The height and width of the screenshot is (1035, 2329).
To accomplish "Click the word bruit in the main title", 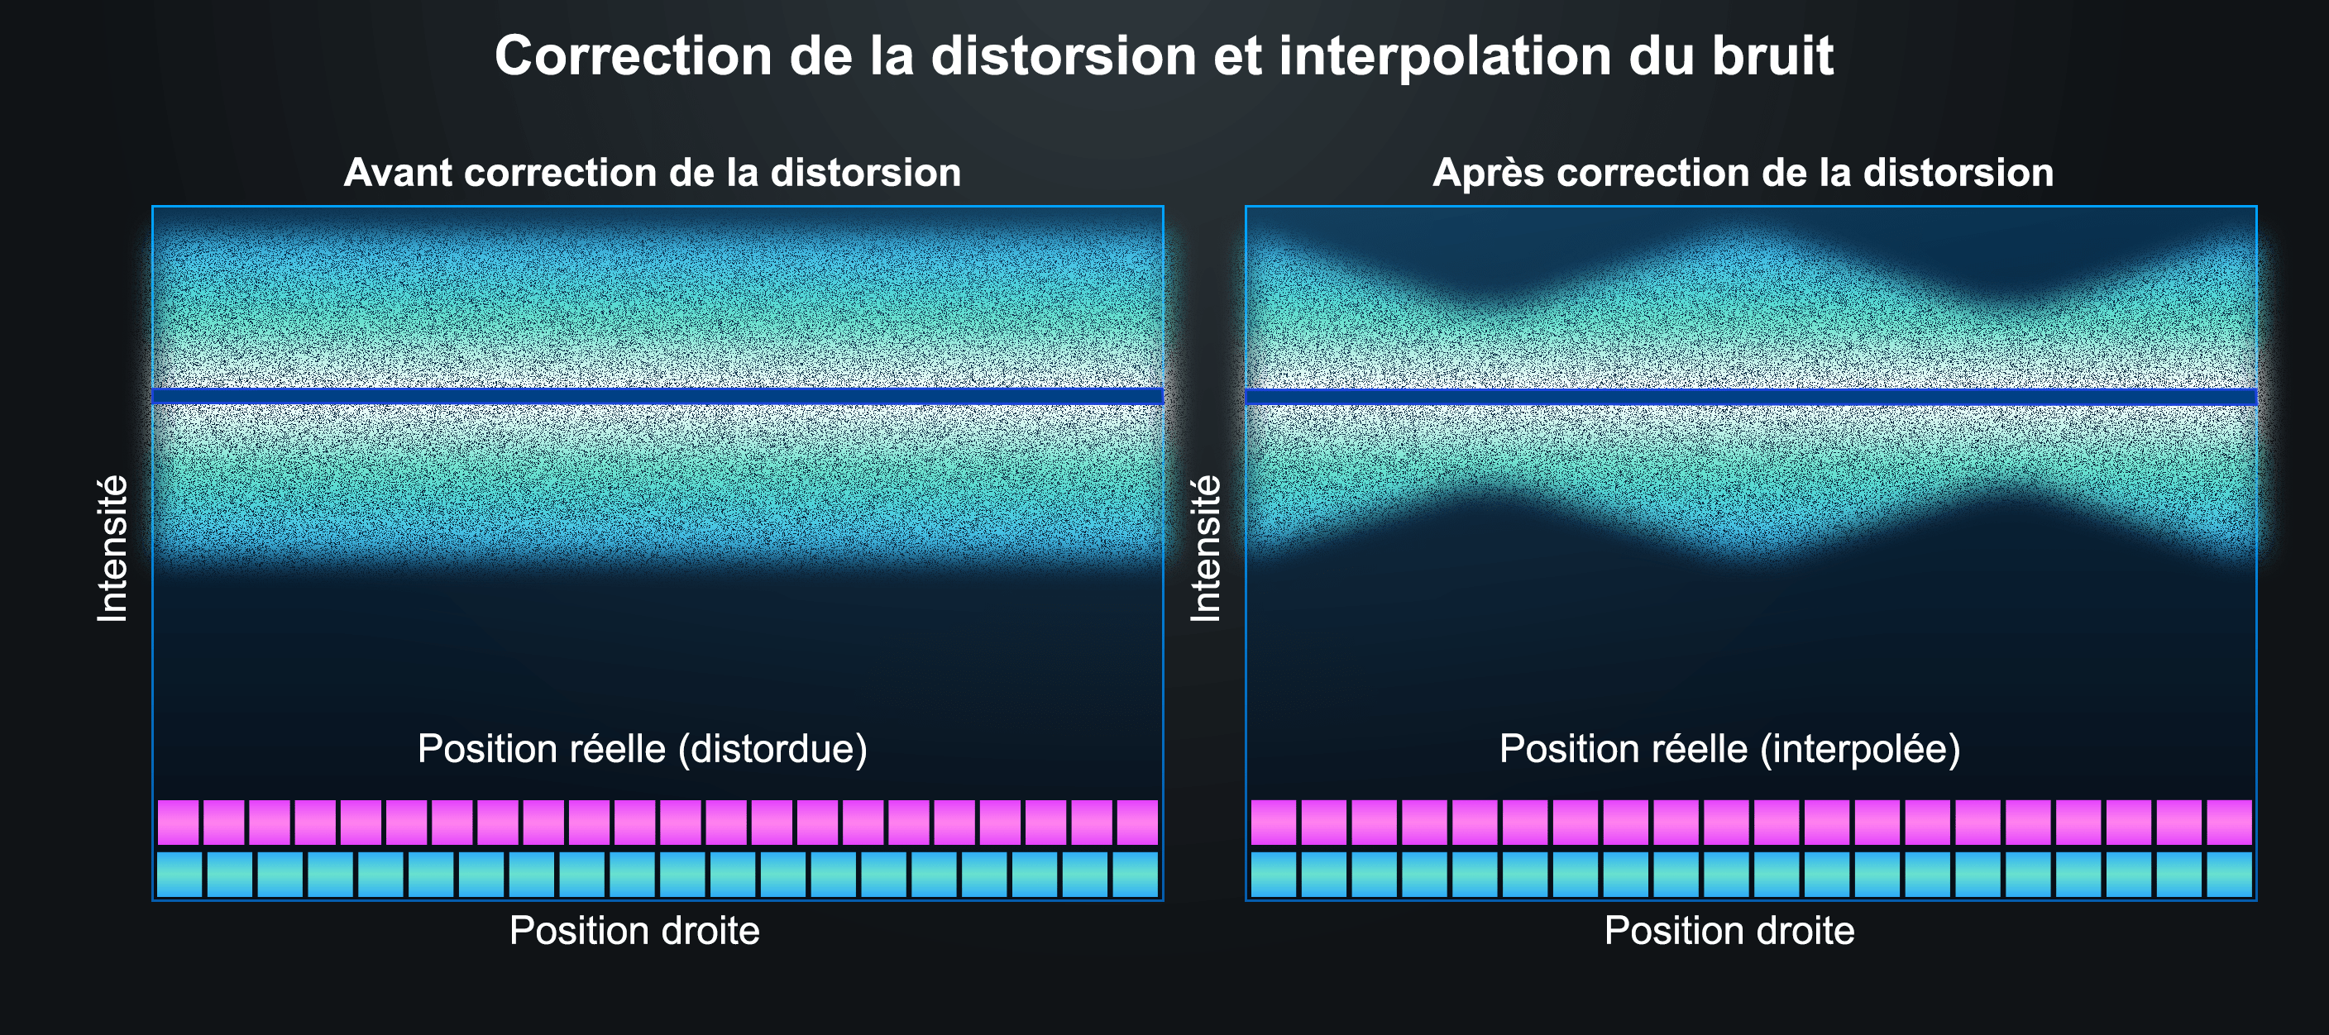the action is pyautogui.click(x=1773, y=56).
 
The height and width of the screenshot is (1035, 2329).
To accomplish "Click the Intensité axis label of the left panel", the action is pyautogui.click(x=113, y=549).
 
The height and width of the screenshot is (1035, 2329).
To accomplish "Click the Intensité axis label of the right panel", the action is pyautogui.click(x=1206, y=549).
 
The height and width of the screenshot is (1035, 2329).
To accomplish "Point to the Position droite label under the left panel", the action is pyautogui.click(x=634, y=930).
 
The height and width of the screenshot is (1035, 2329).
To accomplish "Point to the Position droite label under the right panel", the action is pyautogui.click(x=1729, y=930).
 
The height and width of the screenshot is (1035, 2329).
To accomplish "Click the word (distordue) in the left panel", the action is pyautogui.click(x=773, y=749).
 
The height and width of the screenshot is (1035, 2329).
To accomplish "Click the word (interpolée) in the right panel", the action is pyautogui.click(x=1861, y=749).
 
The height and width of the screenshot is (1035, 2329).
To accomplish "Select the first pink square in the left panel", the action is pyautogui.click(x=178, y=822).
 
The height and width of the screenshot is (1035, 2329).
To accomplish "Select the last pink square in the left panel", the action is pyautogui.click(x=1137, y=822).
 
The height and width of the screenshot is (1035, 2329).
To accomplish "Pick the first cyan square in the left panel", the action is pyautogui.click(x=179, y=874).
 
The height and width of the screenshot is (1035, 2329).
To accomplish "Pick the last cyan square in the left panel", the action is pyautogui.click(x=1135, y=874).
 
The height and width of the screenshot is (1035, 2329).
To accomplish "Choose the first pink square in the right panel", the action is pyautogui.click(x=1273, y=822).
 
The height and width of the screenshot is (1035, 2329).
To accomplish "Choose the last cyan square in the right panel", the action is pyautogui.click(x=2230, y=874).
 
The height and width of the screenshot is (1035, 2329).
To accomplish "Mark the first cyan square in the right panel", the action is pyautogui.click(x=1273, y=874).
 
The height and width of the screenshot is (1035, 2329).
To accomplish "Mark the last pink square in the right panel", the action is pyautogui.click(x=2230, y=822).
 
